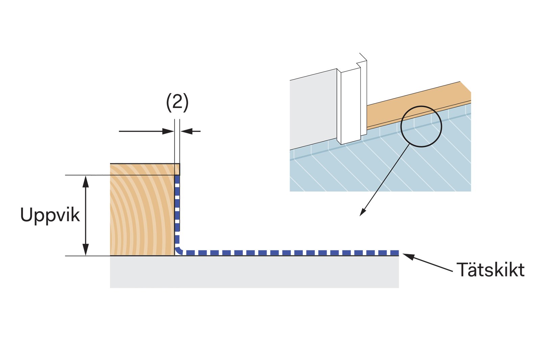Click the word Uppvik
click(x=50, y=215)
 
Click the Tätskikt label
click(x=490, y=270)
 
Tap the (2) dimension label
click(x=177, y=102)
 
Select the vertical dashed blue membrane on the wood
click(x=177, y=210)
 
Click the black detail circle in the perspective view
click(x=421, y=127)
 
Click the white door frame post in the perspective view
click(x=350, y=105)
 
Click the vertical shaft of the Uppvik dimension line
click(x=86, y=217)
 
